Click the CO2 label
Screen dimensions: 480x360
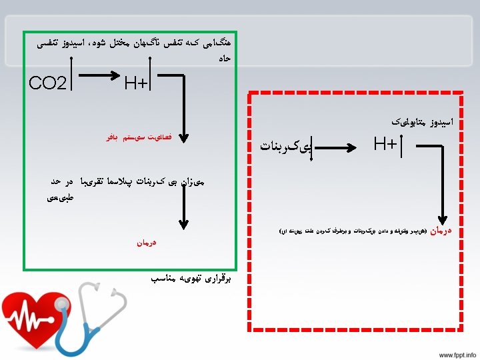point(48,84)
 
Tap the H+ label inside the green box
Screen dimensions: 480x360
point(137,83)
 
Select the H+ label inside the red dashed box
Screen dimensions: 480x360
point(385,143)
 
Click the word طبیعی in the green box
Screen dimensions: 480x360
point(61,197)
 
